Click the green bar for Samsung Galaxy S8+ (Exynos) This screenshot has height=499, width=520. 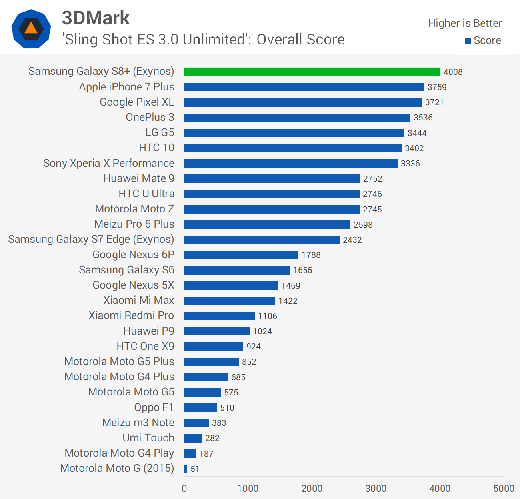pyautogui.click(x=312, y=72)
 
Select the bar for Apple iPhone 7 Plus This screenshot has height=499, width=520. pyautogui.click(x=304, y=87)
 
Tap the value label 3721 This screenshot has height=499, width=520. pyautogui.click(x=434, y=102)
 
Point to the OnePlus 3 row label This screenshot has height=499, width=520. pyautogui.click(x=150, y=117)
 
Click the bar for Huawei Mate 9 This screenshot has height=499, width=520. pyautogui.click(x=272, y=179)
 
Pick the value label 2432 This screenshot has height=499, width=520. pyautogui.click(x=352, y=240)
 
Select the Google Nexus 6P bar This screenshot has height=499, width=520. pyautogui.click(x=241, y=255)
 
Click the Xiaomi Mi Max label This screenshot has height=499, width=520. pyautogui.click(x=139, y=300)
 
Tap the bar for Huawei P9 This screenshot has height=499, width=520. pyautogui.click(x=217, y=331)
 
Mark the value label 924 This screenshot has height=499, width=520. pyautogui.click(x=253, y=347)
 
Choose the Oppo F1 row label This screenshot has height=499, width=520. pyautogui.click(x=154, y=407)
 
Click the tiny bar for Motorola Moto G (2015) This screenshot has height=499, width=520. pyautogui.click(x=186, y=469)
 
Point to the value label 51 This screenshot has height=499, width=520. pyautogui.click(x=195, y=469)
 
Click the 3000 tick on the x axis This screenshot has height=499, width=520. pyautogui.click(x=376, y=488)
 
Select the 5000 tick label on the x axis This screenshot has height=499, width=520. pyautogui.click(x=504, y=488)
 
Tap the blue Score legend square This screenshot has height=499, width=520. pyautogui.click(x=468, y=41)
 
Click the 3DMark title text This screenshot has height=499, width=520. pyautogui.click(x=96, y=18)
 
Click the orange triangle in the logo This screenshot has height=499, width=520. pyautogui.click(x=31, y=28)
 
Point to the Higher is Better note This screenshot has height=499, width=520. pyautogui.click(x=465, y=23)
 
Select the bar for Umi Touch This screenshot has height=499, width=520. pyautogui.click(x=193, y=438)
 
